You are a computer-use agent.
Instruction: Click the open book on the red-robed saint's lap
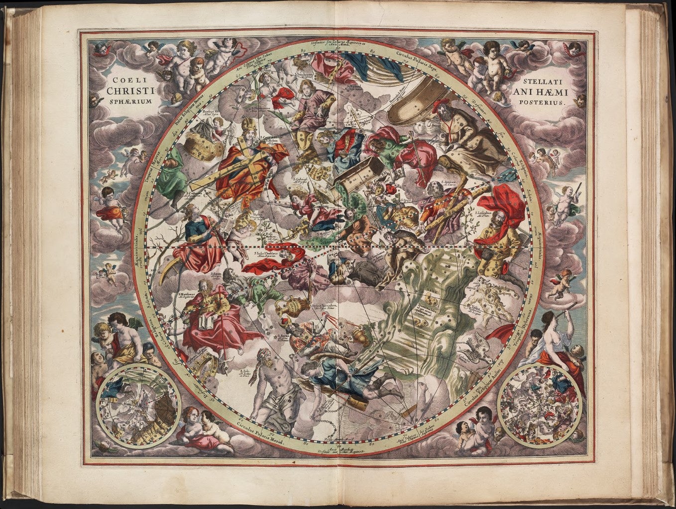(x=206, y=324)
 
